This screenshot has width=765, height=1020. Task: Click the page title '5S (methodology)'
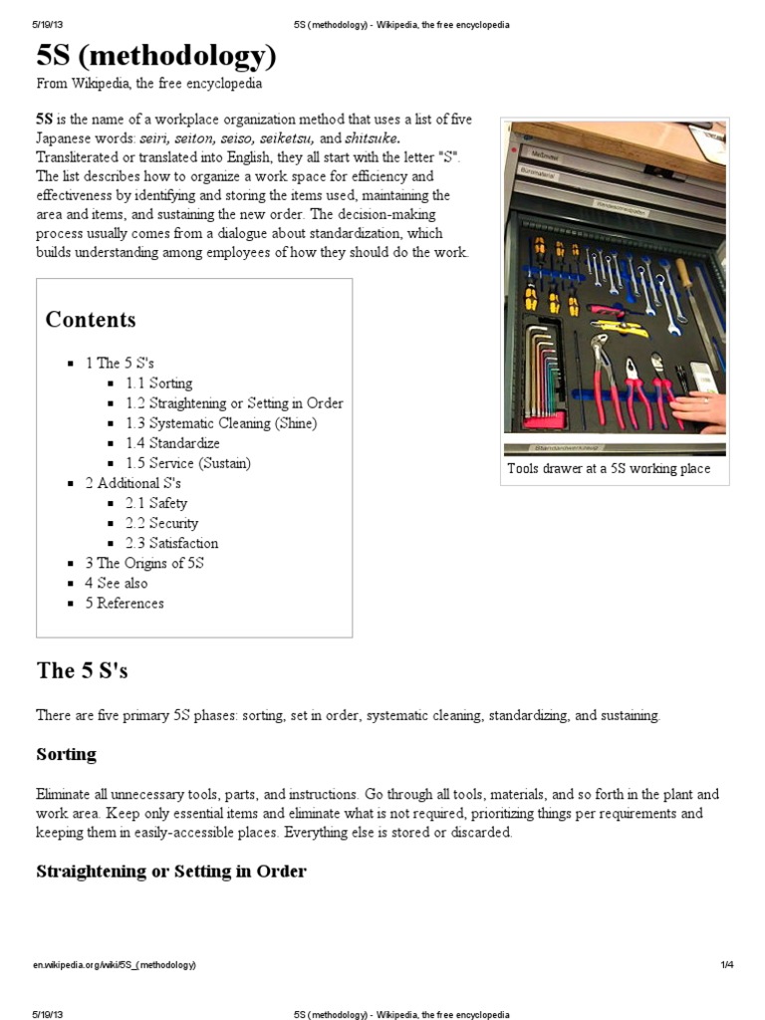pyautogui.click(x=156, y=56)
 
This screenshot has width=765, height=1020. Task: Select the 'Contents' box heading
pyautogui.click(x=91, y=320)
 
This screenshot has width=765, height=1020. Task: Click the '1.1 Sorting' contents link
pyautogui.click(x=158, y=383)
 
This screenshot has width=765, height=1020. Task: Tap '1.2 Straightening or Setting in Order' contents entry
pyautogui.click(x=234, y=403)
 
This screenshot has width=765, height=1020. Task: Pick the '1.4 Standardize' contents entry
pyautogui.click(x=172, y=443)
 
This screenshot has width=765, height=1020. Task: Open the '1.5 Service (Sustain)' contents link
pyautogui.click(x=188, y=463)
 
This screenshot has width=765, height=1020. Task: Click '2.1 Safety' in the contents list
pyautogui.click(x=155, y=503)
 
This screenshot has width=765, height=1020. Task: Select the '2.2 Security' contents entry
pyautogui.click(x=161, y=523)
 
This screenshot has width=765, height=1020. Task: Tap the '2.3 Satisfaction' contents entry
pyautogui.click(x=171, y=543)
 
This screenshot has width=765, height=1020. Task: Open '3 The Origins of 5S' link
pyautogui.click(x=144, y=563)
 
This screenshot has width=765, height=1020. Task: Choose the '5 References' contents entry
pyautogui.click(x=125, y=603)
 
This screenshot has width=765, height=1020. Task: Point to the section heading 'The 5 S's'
pyautogui.click(x=82, y=670)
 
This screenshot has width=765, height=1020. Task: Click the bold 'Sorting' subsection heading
pyautogui.click(x=66, y=754)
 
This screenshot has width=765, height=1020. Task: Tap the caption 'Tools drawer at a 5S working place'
pyautogui.click(x=609, y=468)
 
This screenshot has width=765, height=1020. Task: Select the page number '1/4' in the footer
pyautogui.click(x=726, y=965)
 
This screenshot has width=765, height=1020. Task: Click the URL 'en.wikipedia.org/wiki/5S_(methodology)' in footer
pyautogui.click(x=116, y=965)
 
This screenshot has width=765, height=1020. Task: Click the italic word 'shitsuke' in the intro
pyautogui.click(x=372, y=138)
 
